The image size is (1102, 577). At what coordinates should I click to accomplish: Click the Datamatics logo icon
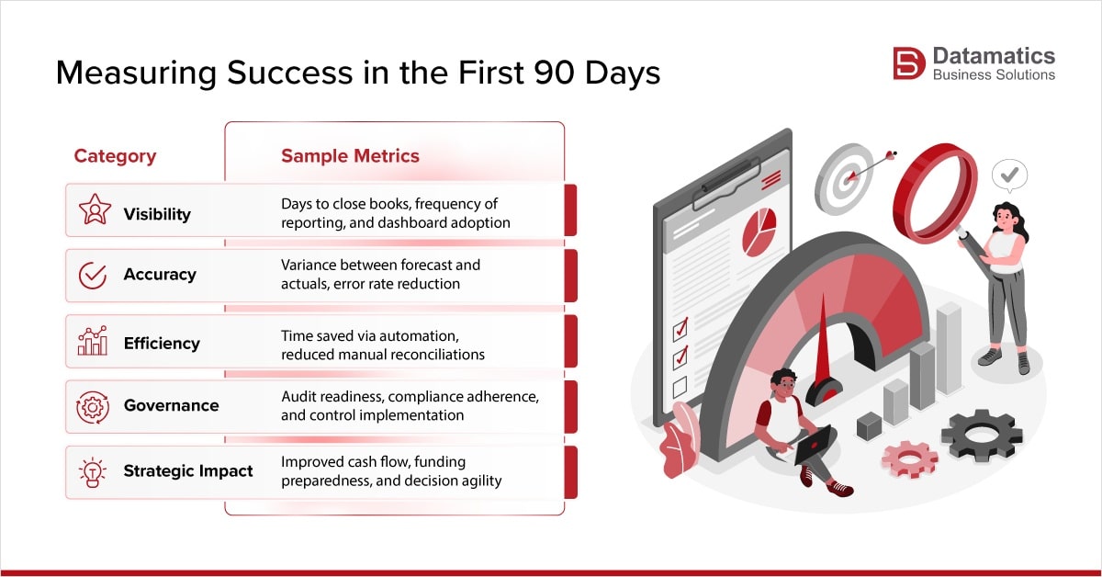(908, 63)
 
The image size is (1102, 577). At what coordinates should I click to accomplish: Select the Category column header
(115, 156)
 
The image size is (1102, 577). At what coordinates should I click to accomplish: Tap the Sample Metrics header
(350, 156)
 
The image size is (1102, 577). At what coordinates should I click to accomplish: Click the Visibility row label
(157, 214)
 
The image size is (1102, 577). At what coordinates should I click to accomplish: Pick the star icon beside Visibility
(94, 210)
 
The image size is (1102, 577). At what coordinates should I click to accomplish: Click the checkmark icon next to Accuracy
(93, 275)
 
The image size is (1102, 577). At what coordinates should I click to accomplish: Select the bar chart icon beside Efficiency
(93, 341)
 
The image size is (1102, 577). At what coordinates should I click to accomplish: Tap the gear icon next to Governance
(93, 406)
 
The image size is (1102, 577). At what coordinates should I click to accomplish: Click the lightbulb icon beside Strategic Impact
(93, 471)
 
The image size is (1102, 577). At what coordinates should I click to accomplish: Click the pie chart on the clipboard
(759, 231)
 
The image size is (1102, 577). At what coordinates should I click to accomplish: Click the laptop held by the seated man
(814, 446)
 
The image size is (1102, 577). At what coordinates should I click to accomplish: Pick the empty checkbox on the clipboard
(680, 387)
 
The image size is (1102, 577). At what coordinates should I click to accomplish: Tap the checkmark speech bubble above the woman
(1009, 173)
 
